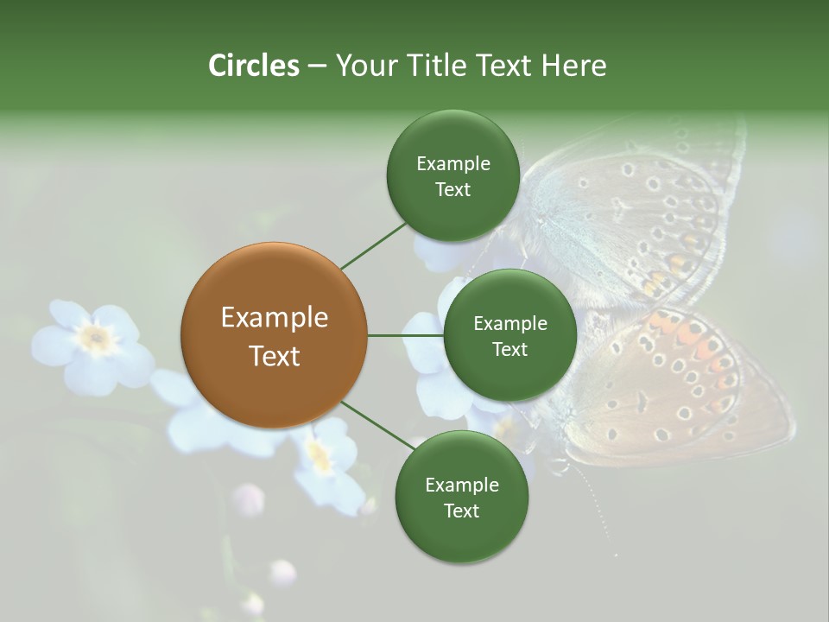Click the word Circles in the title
point(253,66)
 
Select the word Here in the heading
point(573,66)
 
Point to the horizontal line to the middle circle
point(405,335)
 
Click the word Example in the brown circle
point(274,318)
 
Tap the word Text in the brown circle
point(274,356)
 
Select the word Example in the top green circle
point(452,164)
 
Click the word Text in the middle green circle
point(509,350)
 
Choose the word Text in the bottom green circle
point(461,511)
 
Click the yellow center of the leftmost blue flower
point(96,339)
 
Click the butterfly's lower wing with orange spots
point(682,380)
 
